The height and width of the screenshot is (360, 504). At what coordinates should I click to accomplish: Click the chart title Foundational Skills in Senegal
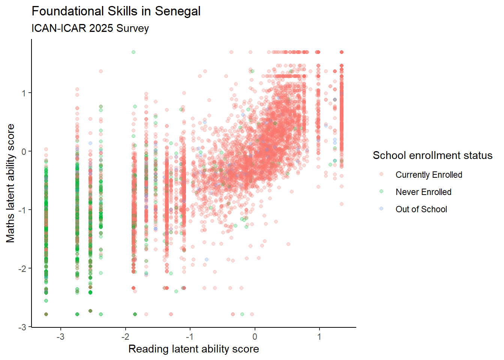click(116, 11)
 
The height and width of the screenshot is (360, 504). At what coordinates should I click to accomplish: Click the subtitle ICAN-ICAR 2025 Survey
click(90, 28)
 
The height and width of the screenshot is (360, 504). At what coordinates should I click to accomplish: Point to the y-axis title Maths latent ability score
click(10, 183)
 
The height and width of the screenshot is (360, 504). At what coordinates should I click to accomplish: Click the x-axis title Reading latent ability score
click(193, 349)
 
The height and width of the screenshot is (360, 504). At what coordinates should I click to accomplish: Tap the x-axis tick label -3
click(60, 337)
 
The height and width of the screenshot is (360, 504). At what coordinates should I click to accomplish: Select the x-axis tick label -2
click(125, 337)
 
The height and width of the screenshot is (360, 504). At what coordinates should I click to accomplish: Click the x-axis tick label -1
click(190, 337)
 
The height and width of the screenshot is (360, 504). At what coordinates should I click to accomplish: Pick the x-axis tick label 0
click(255, 337)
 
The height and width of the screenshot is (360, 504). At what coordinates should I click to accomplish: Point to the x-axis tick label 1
click(319, 337)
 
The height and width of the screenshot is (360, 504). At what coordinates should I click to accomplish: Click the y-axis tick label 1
click(24, 93)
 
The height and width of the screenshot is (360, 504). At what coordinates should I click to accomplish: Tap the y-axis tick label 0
click(24, 151)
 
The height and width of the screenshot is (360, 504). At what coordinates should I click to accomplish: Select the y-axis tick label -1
click(22, 210)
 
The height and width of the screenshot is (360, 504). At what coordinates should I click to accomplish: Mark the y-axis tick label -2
click(22, 268)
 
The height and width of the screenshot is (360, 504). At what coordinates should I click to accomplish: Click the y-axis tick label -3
click(22, 327)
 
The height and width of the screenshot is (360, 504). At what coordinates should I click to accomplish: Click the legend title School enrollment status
click(432, 156)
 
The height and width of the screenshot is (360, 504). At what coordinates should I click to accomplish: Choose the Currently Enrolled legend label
click(429, 175)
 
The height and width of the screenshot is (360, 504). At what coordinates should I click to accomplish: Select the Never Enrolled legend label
click(423, 192)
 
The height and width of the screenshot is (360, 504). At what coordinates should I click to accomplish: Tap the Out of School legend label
click(421, 209)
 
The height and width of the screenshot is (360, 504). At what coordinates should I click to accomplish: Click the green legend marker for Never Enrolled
click(381, 192)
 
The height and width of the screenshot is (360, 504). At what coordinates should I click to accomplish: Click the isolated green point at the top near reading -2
click(133, 52)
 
